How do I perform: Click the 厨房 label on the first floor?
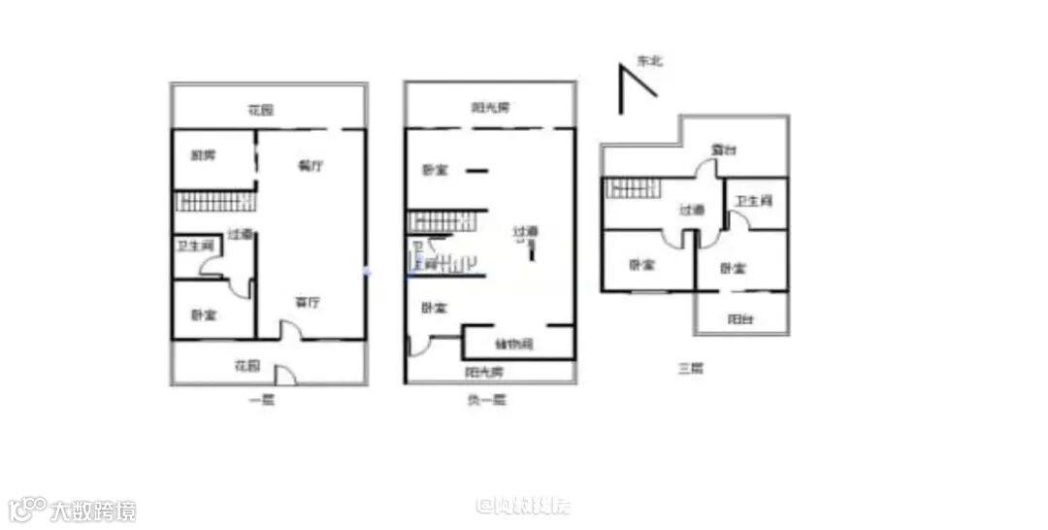(203, 155)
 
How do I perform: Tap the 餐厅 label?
(311, 166)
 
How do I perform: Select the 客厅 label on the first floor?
(309, 303)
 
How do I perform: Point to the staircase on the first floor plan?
(215, 202)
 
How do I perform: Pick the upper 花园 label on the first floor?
(260, 110)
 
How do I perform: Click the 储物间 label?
(513, 344)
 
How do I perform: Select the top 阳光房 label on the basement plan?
(491, 108)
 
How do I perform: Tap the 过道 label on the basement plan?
(525, 232)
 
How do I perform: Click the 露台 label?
(723, 149)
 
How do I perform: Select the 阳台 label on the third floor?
(741, 319)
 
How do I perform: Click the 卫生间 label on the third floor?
(753, 202)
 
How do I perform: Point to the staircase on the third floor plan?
(632, 187)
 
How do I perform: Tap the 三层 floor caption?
(690, 369)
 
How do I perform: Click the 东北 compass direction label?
(649, 61)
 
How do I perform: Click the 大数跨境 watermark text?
(93, 511)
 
